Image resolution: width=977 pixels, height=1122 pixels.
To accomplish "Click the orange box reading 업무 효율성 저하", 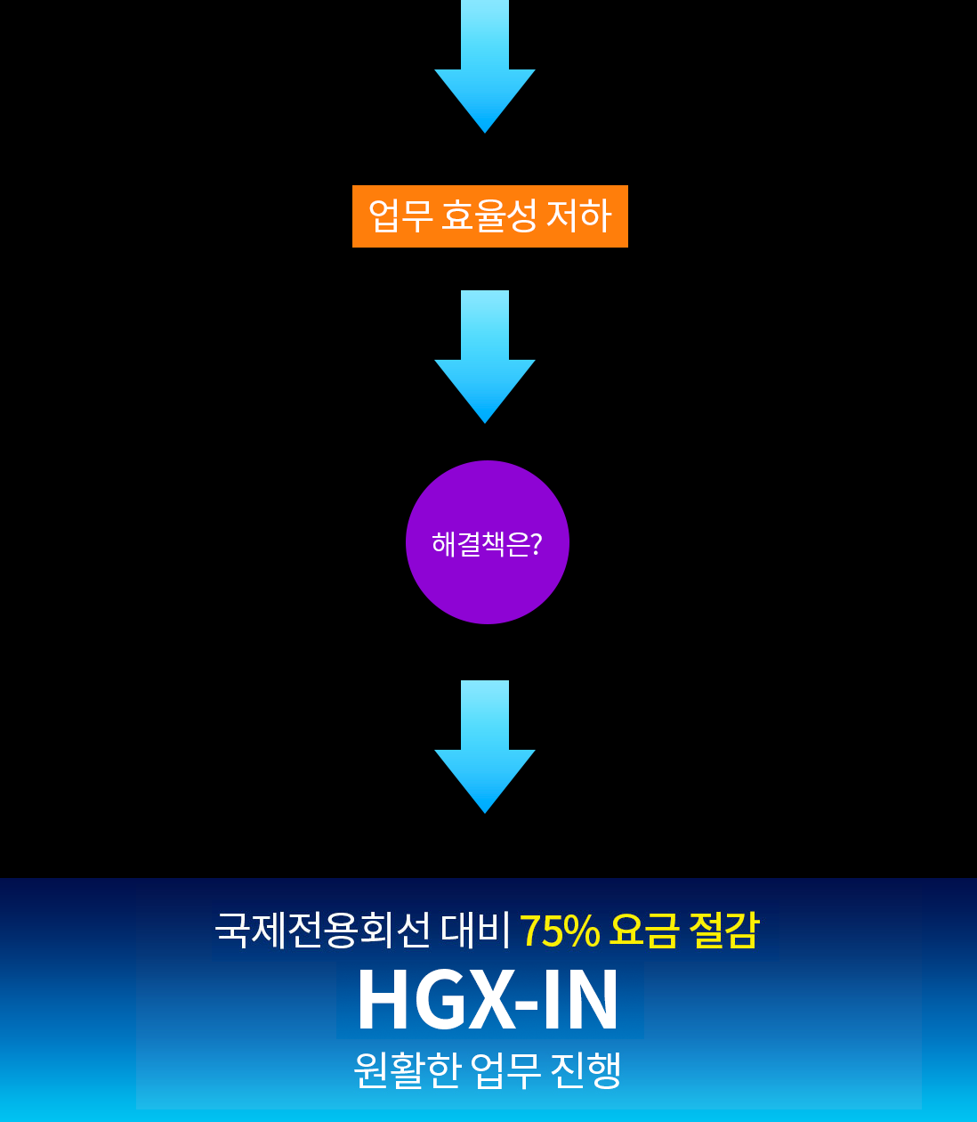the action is (490, 216).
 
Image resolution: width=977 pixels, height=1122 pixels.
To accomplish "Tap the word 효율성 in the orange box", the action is (488, 215).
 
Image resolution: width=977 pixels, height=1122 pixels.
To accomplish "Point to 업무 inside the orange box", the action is (400, 215).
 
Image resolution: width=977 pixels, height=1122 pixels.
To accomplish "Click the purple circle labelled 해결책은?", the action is (487, 541).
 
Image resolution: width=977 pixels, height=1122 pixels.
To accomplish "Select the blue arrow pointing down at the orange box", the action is (484, 67).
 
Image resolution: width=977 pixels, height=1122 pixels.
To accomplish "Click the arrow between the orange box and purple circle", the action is (484, 356).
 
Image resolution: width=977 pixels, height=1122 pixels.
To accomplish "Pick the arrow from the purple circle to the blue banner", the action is (484, 747).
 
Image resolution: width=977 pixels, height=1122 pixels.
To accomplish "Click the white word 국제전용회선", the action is (322, 930).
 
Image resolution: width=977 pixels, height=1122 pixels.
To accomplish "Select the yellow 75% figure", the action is (560, 931).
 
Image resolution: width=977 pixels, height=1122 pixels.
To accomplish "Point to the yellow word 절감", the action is (723, 930).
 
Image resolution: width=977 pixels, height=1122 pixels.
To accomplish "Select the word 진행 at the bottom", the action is (586, 1069).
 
